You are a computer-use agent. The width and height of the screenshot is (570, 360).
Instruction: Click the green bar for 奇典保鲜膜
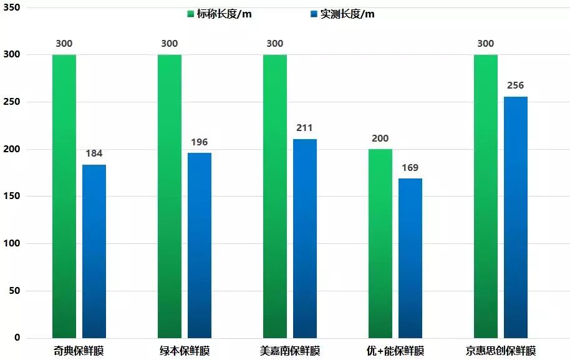(64, 196)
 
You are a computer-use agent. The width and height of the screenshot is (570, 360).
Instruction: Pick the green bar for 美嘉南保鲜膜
(275, 196)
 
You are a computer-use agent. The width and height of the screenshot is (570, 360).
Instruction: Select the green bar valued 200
(380, 243)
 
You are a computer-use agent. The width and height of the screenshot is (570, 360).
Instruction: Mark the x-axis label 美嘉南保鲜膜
(290, 351)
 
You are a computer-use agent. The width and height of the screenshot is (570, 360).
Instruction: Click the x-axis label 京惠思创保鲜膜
(501, 351)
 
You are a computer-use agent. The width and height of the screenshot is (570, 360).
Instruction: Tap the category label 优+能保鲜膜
(395, 351)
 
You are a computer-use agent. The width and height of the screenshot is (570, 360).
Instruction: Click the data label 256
(516, 85)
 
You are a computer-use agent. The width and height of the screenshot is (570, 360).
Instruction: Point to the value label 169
(410, 168)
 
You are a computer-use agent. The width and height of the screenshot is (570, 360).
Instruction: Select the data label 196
(200, 142)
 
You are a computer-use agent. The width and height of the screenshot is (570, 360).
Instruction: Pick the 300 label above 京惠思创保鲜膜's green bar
(485, 44)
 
